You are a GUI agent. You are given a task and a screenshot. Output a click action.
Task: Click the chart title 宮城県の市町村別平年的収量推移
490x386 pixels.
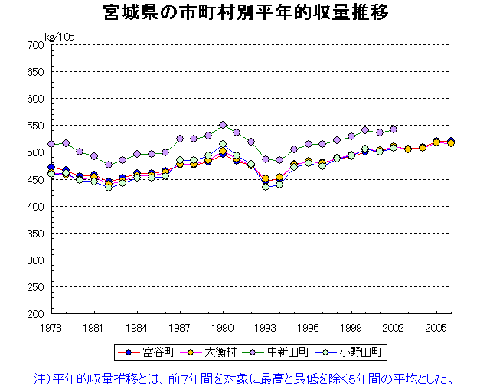pos(244,13)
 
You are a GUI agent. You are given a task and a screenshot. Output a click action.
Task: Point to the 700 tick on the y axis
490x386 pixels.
pos(33,45)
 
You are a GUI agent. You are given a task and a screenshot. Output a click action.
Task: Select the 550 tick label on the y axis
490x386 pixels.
pos(33,126)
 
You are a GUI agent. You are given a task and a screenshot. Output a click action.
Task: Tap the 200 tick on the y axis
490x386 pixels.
pos(33,314)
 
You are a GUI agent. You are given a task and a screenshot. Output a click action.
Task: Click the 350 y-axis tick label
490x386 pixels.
pos(33,234)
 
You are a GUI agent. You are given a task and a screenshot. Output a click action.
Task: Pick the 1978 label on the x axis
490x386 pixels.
pos(51,326)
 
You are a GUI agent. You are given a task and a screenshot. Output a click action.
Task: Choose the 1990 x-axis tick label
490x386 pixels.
pos(223,326)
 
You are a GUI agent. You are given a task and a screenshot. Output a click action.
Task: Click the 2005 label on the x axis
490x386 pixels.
pos(437,326)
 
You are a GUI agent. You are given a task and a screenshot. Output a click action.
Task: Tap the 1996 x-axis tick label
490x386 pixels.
pos(309,326)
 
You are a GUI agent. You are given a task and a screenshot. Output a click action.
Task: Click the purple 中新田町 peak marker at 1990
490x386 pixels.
pos(223,125)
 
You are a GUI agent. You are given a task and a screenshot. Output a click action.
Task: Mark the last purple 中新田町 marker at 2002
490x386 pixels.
pos(394,129)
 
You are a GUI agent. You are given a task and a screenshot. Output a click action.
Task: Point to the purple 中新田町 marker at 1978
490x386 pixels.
pos(51,144)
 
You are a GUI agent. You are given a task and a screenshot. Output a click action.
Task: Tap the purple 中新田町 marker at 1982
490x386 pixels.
pos(109,165)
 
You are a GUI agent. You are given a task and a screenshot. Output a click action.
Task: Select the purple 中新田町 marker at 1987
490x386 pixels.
pos(180,139)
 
